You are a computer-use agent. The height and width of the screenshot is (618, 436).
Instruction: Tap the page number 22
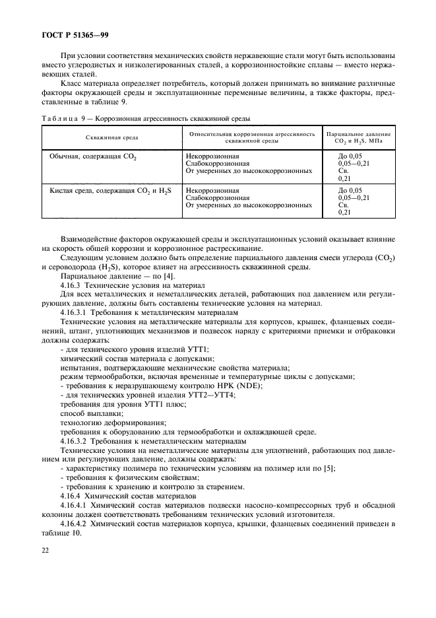47,547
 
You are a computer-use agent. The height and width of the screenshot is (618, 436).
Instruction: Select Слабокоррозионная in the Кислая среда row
218,197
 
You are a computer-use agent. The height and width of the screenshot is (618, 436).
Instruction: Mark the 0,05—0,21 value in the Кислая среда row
353,197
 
